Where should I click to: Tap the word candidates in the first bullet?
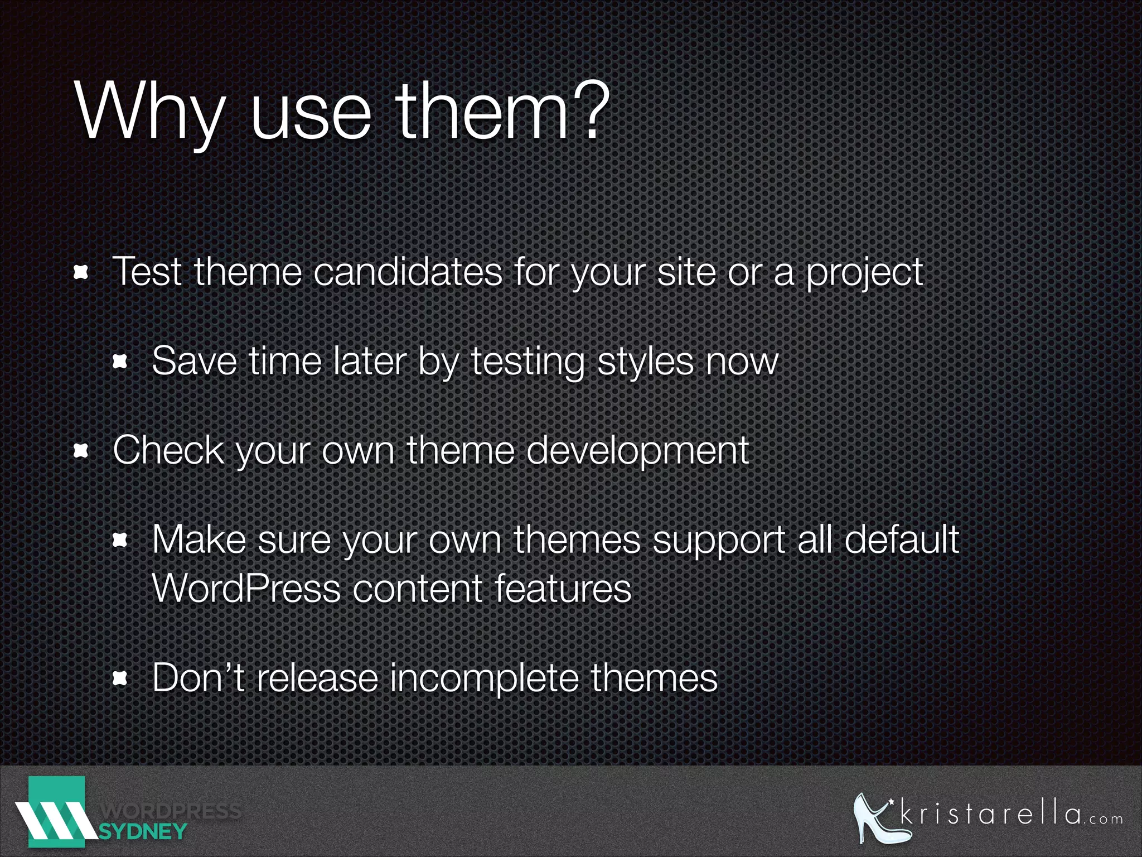click(x=408, y=272)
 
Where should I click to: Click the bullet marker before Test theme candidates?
click(x=81, y=273)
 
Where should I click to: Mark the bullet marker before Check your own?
click(x=81, y=451)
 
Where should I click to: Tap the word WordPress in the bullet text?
click(x=246, y=588)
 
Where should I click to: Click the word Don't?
click(x=198, y=677)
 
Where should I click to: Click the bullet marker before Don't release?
click(x=120, y=678)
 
